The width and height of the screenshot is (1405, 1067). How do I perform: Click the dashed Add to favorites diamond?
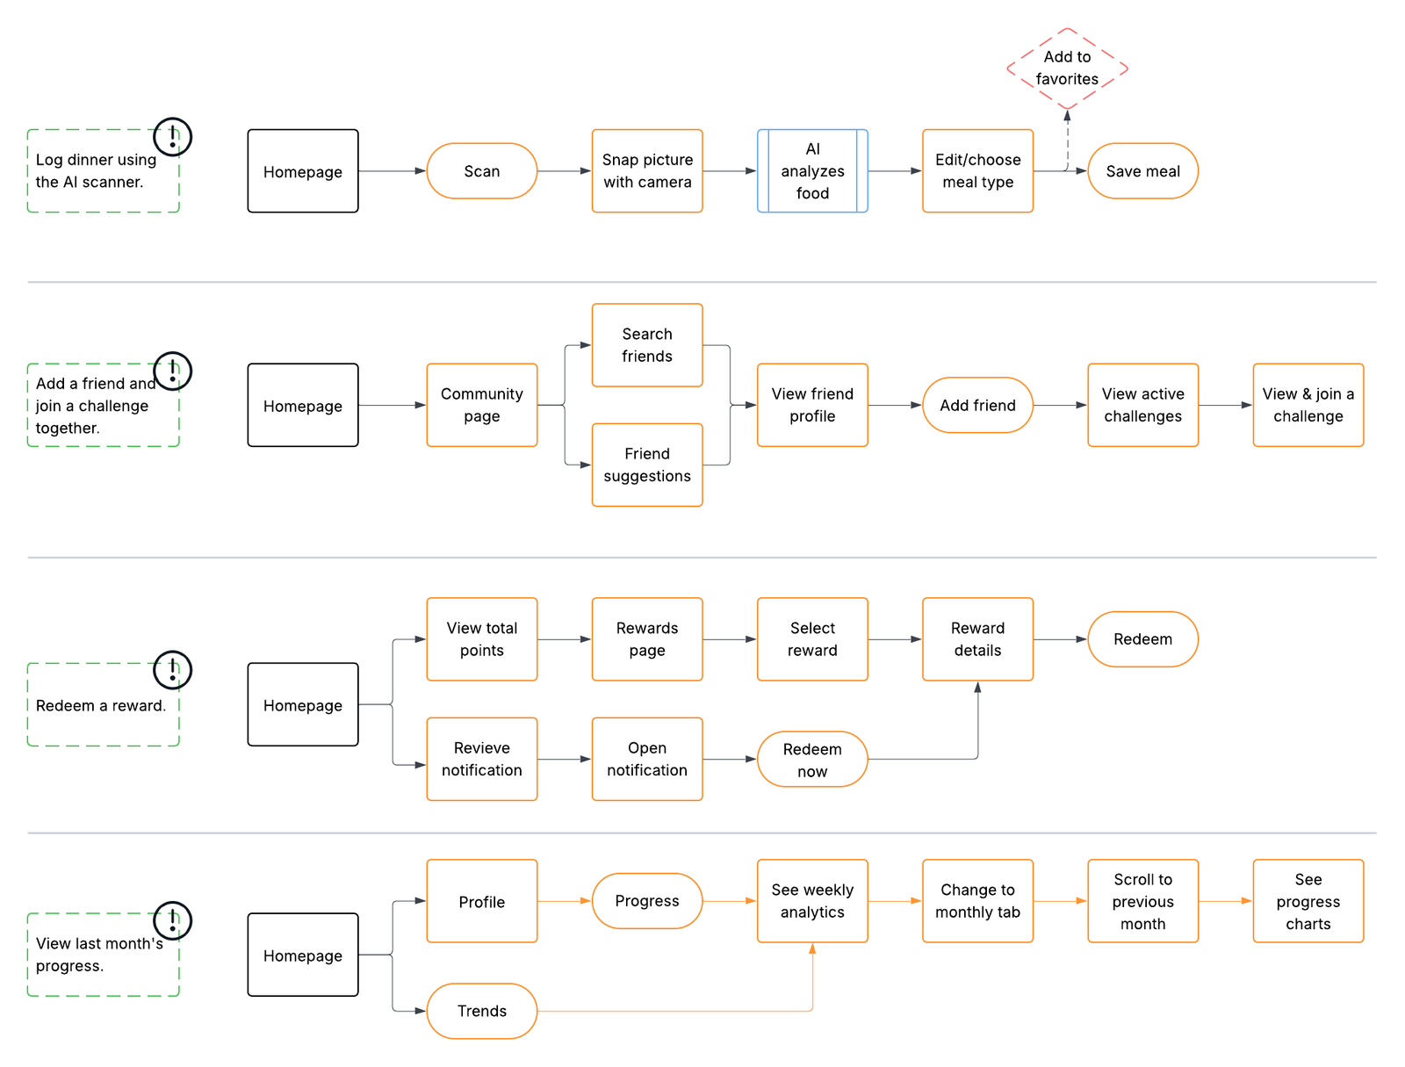point(1067,68)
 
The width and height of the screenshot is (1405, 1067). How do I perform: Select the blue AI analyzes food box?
point(812,171)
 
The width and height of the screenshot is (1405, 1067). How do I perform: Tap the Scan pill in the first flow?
point(481,171)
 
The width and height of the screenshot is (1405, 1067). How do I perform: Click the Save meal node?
point(1142,171)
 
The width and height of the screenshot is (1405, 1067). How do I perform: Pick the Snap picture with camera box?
point(647,171)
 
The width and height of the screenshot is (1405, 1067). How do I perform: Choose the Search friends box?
point(647,345)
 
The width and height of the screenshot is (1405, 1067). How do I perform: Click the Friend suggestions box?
point(647,465)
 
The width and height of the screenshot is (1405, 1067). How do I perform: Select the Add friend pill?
point(977,405)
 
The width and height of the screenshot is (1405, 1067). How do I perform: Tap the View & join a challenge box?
point(1308,405)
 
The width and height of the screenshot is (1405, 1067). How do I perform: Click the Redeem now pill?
point(812,760)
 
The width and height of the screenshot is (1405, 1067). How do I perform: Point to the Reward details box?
point(977,639)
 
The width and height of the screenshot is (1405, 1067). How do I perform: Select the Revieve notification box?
point(481,759)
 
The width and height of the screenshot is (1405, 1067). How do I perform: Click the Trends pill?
point(481,1011)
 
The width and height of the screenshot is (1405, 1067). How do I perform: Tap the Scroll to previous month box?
point(1142,901)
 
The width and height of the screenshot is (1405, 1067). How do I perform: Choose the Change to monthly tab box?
point(977,901)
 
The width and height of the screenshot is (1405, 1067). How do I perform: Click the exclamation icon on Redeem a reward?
point(172,670)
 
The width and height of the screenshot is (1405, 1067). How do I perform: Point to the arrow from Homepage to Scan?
point(392,171)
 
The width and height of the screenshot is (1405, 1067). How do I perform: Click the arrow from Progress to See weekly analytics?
point(729,901)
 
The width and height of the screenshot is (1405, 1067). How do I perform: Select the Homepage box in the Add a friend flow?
point(303,405)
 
